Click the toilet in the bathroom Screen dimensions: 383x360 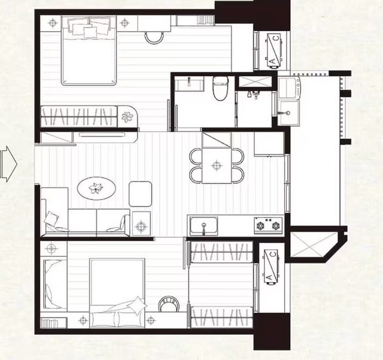(221, 88)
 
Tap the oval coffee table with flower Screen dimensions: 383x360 (96, 188)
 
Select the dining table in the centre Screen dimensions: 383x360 (217, 165)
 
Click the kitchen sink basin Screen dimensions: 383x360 (203, 225)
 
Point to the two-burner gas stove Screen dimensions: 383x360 (268, 225)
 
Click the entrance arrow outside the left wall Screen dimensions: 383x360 (8, 164)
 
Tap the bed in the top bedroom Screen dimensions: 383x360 (89, 50)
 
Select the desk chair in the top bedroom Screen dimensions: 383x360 (154, 37)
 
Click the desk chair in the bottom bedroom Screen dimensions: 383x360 (169, 304)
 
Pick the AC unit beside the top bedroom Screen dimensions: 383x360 (274, 50)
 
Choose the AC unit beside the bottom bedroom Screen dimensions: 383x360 (270, 267)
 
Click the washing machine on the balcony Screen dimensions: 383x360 (290, 88)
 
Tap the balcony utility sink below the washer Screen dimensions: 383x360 (290, 113)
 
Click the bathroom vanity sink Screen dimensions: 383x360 (189, 83)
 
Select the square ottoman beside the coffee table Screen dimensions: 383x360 (140, 193)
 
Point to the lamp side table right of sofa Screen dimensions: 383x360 (141, 224)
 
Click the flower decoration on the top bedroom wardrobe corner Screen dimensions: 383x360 (127, 117)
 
